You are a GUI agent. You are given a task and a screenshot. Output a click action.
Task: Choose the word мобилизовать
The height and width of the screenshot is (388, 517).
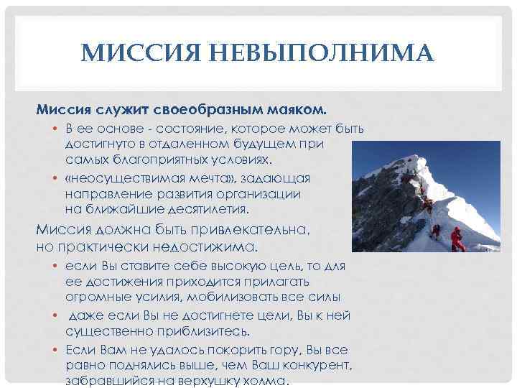[248, 297]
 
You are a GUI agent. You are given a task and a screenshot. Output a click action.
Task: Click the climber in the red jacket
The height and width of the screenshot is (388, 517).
[457, 238]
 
